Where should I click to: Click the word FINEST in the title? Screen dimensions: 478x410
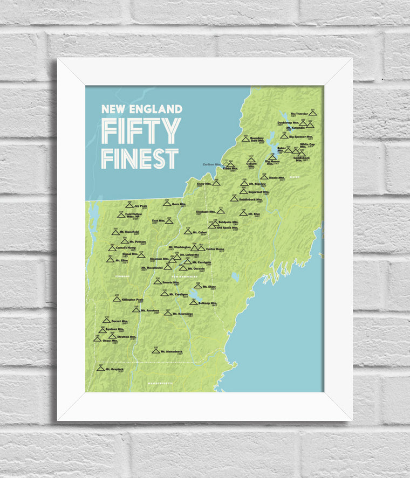click(x=140, y=158)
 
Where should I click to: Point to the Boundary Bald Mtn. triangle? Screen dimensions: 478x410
click(x=245, y=139)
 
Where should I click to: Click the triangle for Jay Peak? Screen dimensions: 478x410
click(x=129, y=205)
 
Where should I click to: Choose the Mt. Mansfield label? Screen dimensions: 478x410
click(x=129, y=232)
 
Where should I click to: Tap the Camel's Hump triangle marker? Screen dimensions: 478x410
click(x=112, y=248)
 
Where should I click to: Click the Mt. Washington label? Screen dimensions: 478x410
click(x=179, y=248)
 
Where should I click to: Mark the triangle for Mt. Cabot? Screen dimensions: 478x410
click(x=188, y=232)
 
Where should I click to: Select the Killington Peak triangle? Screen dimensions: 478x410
click(x=116, y=299)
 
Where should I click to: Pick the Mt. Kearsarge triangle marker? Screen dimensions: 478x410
click(x=168, y=313)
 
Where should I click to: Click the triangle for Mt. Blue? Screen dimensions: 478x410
click(x=243, y=213)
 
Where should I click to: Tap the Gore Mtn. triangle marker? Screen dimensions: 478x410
click(x=167, y=204)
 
